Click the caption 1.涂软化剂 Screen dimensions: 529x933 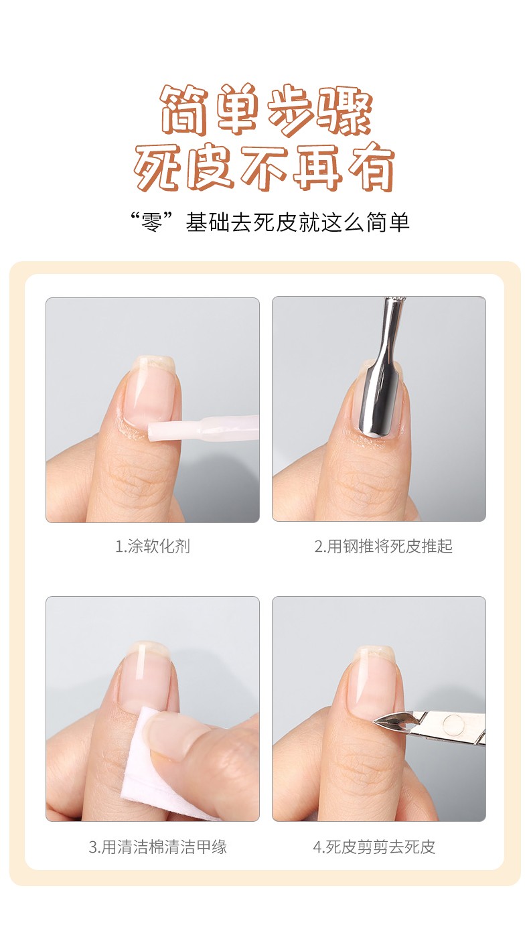(x=153, y=546)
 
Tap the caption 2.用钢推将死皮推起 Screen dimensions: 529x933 (x=383, y=546)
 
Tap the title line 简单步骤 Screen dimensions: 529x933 (x=266, y=110)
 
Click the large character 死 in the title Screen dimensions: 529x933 (x=159, y=168)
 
